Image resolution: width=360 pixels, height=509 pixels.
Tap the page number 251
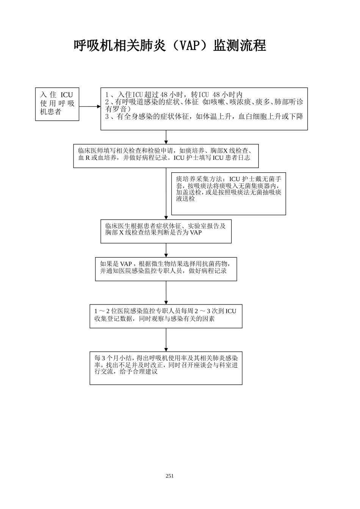tap(170, 476)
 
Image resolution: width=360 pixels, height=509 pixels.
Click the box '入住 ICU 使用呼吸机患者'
tap(57, 104)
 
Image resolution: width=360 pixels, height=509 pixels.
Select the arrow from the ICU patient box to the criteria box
tap(89, 107)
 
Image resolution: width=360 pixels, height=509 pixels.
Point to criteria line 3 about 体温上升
tap(205, 117)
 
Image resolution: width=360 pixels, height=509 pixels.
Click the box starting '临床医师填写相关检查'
tap(166, 155)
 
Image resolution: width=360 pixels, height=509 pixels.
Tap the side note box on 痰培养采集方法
tap(229, 194)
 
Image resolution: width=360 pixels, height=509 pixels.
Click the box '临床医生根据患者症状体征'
tap(166, 231)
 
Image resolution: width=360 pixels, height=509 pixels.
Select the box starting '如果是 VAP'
tap(166, 269)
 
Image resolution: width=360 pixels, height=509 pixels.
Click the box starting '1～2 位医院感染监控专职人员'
tap(166, 316)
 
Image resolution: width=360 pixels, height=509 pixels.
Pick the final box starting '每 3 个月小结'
tap(166, 367)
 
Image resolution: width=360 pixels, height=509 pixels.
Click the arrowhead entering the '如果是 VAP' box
tap(166, 255)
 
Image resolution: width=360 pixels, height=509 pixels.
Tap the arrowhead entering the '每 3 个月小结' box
tap(166, 348)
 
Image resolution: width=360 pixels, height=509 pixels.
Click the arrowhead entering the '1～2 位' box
tap(166, 302)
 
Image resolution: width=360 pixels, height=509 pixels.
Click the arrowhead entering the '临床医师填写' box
tap(166, 142)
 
